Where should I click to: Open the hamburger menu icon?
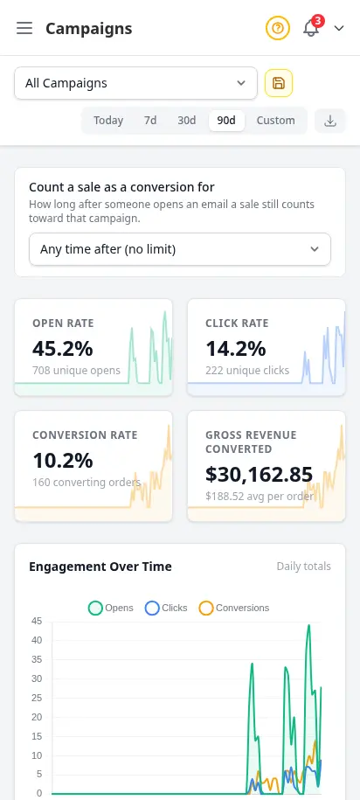click(24, 28)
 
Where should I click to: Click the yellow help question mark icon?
click(277, 28)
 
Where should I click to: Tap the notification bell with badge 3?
click(312, 28)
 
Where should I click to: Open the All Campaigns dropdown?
click(135, 83)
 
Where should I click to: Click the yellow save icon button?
click(279, 83)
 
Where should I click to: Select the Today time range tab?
click(108, 121)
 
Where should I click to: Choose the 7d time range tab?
click(150, 121)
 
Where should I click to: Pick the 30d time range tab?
click(187, 121)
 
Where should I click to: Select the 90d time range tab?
click(226, 121)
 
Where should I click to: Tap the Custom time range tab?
click(275, 121)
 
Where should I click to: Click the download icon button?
click(330, 121)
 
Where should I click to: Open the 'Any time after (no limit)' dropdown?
click(180, 249)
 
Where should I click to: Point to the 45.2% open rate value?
click(63, 349)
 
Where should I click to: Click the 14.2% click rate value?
click(236, 349)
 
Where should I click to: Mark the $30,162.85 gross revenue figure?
click(259, 475)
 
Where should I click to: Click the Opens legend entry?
click(111, 609)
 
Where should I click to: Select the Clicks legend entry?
click(166, 609)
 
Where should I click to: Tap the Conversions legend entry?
click(234, 609)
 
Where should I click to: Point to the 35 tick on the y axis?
click(36, 660)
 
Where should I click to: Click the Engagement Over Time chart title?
click(100, 567)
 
